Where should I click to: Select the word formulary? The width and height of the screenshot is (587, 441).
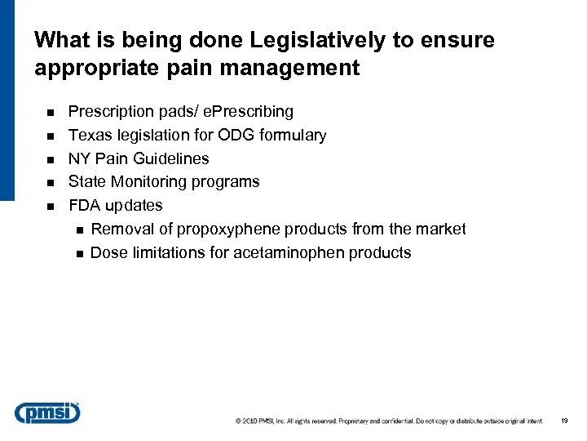293,135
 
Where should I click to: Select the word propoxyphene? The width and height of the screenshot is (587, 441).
228,229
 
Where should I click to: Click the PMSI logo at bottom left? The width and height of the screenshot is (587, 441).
47,413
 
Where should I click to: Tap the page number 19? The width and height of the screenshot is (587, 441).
564,421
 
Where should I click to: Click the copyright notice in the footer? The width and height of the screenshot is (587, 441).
389,421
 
